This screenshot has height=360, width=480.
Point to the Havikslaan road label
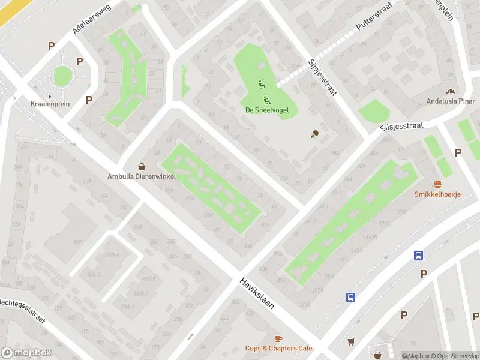[x=257, y=293]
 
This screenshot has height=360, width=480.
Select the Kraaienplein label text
[x=50, y=104]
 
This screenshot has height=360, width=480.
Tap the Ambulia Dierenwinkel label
[x=142, y=176]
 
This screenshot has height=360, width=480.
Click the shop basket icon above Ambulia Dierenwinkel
[x=142, y=167]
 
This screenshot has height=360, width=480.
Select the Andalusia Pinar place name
[x=450, y=101]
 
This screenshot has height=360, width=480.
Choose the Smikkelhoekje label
[x=437, y=194]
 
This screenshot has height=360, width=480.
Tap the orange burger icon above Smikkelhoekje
[x=437, y=184]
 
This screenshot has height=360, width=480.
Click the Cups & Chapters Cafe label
[x=278, y=348]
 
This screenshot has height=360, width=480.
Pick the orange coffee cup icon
[x=278, y=338]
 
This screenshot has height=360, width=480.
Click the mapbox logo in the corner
[x=26, y=353]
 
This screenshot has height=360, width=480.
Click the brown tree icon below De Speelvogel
[x=314, y=134]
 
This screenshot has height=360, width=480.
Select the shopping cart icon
[x=351, y=341]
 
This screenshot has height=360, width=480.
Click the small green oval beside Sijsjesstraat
[x=374, y=112]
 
